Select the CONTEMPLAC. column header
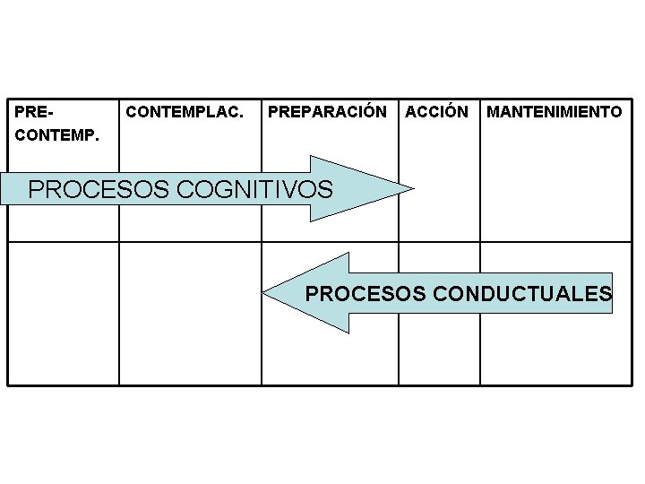[x=185, y=112]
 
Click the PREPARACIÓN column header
[x=328, y=112]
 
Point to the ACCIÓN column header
[x=436, y=112]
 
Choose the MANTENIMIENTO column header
[x=554, y=112]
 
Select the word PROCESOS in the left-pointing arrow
[x=367, y=293]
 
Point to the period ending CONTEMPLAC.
[x=240, y=117]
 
